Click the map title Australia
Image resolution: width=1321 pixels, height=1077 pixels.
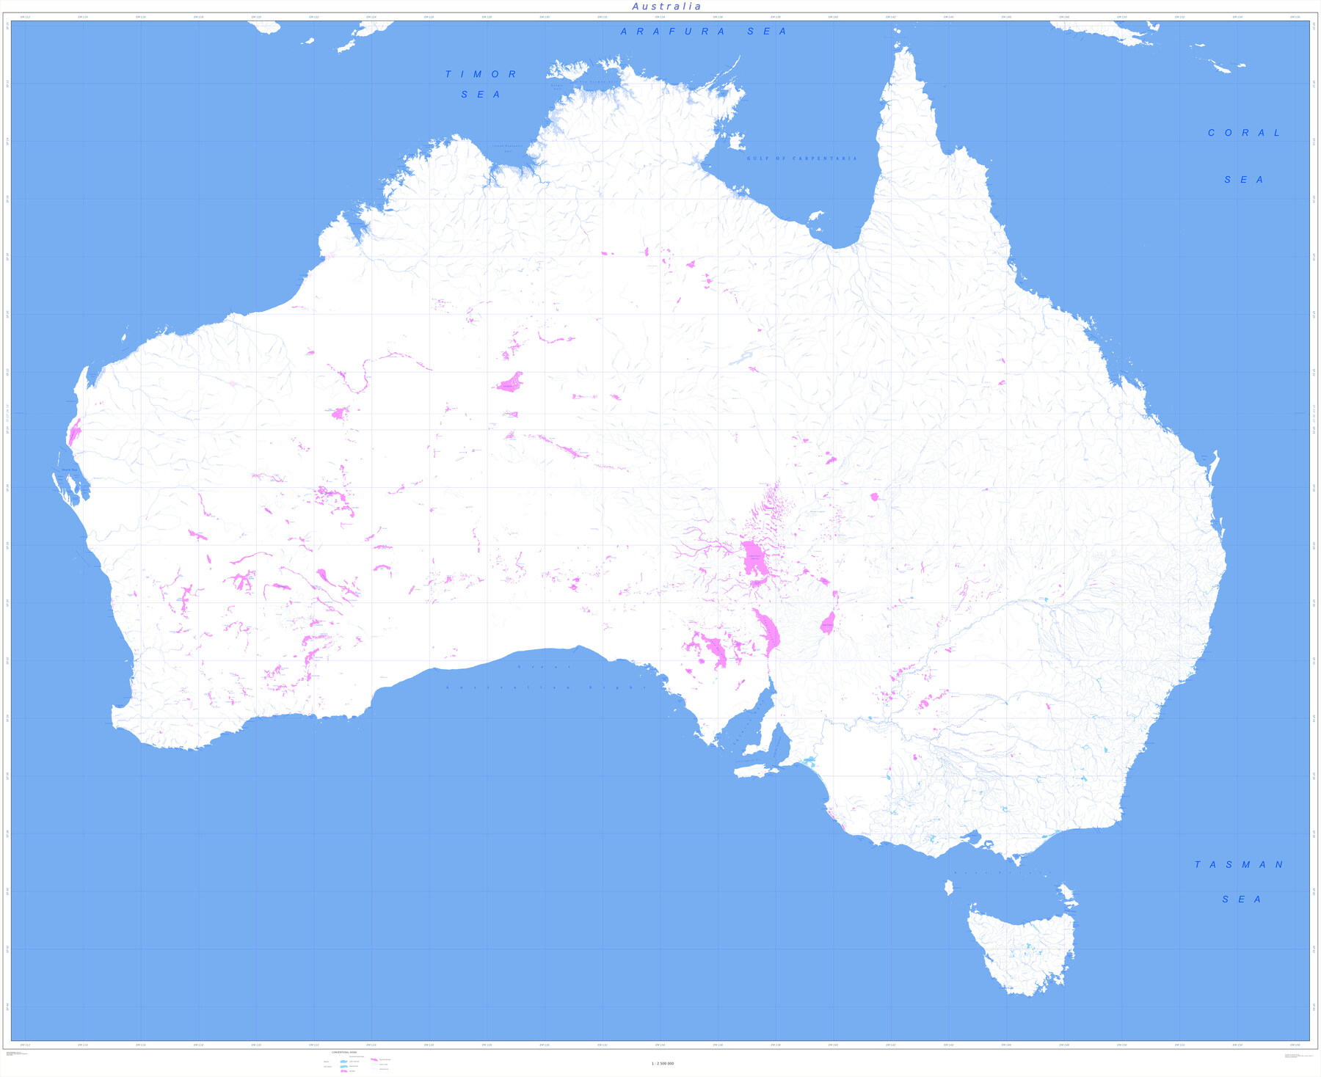(666, 7)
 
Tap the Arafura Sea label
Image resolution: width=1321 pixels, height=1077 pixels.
(703, 32)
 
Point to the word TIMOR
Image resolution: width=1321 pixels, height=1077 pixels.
(481, 74)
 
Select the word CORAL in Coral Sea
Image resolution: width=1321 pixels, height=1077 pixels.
(1244, 133)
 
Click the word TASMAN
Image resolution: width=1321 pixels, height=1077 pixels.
(1239, 865)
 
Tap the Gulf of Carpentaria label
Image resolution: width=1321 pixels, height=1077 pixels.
(801, 158)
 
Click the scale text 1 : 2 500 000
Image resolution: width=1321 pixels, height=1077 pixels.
(662, 1063)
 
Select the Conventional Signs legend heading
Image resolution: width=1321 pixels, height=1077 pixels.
(344, 1052)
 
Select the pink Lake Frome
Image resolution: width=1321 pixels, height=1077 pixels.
(828, 624)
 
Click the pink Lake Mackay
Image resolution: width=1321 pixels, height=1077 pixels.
(509, 383)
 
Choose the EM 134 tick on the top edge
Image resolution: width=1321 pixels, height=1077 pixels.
(660, 17)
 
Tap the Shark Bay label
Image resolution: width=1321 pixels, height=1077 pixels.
(69, 470)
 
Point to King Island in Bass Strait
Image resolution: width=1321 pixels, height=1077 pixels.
(948, 888)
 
